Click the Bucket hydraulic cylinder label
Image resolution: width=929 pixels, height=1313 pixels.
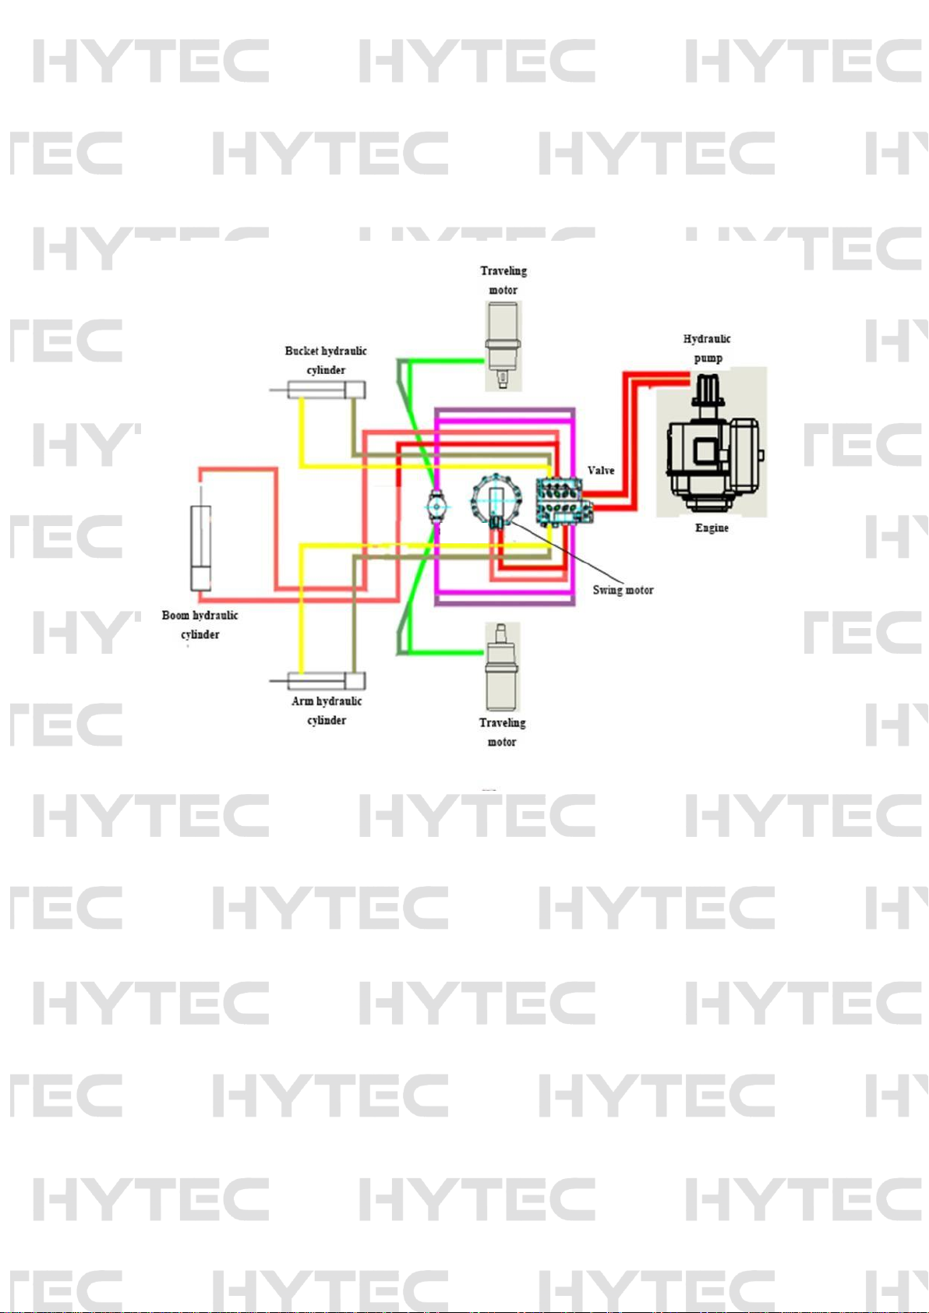[326, 360]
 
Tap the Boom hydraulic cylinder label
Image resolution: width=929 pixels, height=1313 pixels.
[200, 625]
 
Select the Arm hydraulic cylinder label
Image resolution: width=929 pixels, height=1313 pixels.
[327, 711]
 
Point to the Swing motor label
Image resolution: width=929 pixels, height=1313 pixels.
[623, 590]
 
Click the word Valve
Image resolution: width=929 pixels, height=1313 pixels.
[601, 471]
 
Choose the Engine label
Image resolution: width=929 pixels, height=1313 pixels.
[712, 528]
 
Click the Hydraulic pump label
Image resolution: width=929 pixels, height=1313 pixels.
[707, 348]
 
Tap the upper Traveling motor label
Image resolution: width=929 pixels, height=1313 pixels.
[503, 281]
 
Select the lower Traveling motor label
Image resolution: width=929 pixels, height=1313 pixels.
[502, 732]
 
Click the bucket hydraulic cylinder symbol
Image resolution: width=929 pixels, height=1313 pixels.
[326, 390]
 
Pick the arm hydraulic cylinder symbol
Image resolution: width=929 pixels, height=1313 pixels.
[327, 681]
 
